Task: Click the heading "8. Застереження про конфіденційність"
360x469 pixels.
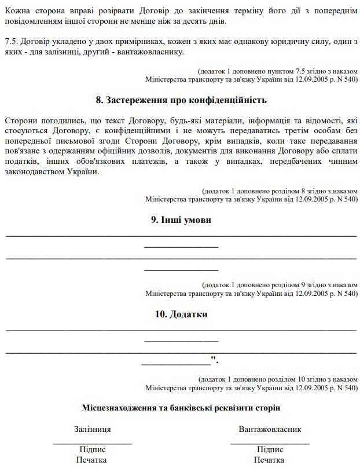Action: [x=181, y=100]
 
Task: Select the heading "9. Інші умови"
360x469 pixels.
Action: [x=181, y=220]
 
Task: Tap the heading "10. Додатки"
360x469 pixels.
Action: [x=181, y=314]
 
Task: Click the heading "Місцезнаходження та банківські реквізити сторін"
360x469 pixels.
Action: [x=181, y=408]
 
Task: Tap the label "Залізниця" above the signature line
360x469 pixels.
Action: [x=93, y=430]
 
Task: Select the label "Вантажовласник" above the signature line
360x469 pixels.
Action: [x=270, y=430]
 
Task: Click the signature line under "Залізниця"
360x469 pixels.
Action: [x=93, y=443]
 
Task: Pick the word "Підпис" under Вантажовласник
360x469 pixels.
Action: [x=270, y=450]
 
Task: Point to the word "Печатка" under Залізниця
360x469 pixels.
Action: [x=93, y=460]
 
